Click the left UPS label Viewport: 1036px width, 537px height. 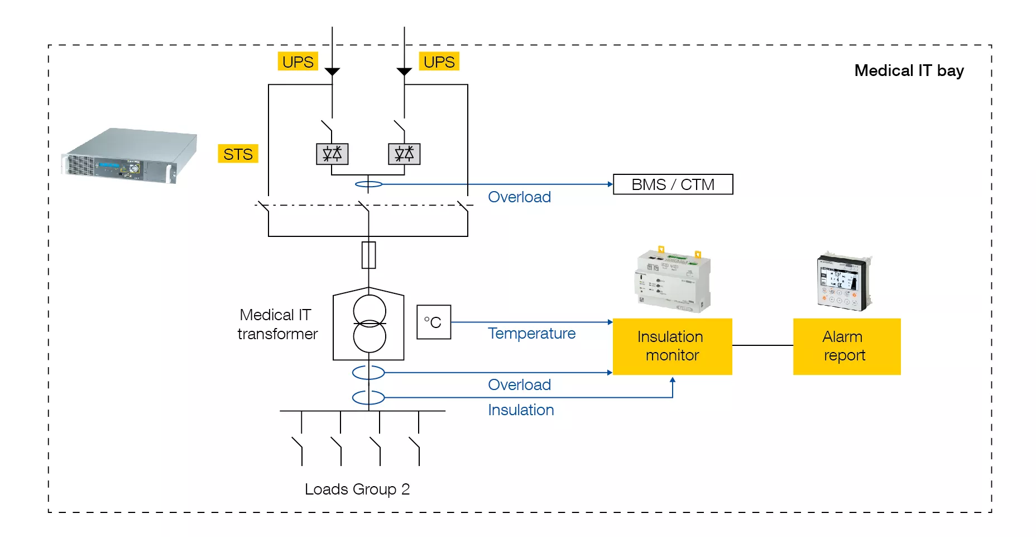point(298,61)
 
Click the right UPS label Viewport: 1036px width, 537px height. point(439,61)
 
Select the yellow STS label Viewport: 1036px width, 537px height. point(238,154)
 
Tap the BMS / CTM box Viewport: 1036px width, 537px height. point(673,184)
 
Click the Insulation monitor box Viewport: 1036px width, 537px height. point(672,346)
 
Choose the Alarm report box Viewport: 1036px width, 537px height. point(846,346)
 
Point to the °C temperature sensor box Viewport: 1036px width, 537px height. point(433,322)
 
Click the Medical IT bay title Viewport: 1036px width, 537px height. point(909,70)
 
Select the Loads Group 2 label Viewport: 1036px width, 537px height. point(357,489)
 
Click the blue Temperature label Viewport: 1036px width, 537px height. point(531,334)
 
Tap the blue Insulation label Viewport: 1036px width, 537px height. point(521,410)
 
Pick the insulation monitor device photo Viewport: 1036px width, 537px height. point(673,279)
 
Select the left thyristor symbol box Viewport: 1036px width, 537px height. point(332,154)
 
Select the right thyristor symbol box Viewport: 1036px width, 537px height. point(404,154)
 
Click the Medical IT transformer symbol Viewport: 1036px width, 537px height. point(369,324)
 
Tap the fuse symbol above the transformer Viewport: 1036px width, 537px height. point(368,255)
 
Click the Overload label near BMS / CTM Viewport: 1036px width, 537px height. point(519,197)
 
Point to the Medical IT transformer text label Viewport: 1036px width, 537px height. point(277,324)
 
